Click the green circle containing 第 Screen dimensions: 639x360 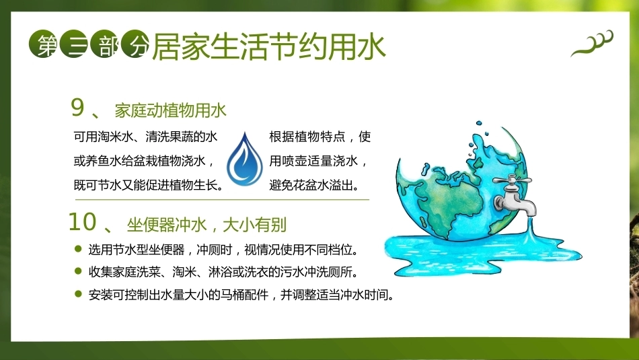pos(42,44)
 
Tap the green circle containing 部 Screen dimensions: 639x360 pos(104,44)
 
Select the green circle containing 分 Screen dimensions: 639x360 pos(135,44)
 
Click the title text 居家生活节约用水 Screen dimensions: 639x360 pos(269,46)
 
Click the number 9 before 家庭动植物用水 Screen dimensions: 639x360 pos(77,108)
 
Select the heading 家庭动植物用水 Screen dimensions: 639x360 pos(170,110)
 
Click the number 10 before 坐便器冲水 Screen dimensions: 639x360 pos(82,222)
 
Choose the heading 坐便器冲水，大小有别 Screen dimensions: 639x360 pos(206,225)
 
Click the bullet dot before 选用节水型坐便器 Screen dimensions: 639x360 pos(79,249)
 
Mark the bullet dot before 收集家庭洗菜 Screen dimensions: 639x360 pos(79,271)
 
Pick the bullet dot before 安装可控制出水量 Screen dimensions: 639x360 pos(79,293)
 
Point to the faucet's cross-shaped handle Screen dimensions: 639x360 pos(512,180)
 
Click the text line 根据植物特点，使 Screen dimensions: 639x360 pos(320,137)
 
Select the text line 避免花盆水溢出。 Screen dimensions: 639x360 pos(315,186)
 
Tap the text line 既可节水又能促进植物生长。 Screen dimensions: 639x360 pos(149,186)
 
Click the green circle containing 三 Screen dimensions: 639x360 pos(73,44)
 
